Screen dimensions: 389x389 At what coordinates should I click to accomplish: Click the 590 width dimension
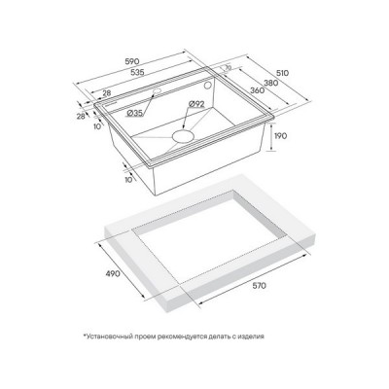(132, 61)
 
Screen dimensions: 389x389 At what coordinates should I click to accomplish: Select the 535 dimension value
(137, 72)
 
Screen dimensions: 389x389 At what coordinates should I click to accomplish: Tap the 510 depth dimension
(282, 73)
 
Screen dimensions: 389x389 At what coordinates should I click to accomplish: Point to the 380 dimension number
(271, 83)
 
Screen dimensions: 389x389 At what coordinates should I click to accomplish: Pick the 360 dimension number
(258, 90)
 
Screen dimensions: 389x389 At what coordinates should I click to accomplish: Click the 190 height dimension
(280, 136)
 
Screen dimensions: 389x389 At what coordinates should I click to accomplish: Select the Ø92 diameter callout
(196, 104)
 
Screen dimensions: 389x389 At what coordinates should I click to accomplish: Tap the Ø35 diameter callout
(135, 113)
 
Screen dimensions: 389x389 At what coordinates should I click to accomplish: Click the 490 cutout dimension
(113, 273)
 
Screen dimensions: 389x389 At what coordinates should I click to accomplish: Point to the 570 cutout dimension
(259, 286)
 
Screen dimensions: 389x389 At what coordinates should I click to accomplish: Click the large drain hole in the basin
(183, 136)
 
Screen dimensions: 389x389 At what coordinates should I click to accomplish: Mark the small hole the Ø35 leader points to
(158, 90)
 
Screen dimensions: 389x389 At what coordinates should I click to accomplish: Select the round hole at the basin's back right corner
(208, 86)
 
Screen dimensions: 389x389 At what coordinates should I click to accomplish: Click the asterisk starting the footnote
(84, 336)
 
